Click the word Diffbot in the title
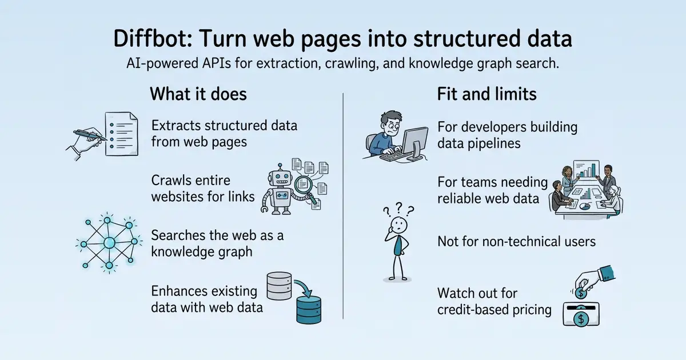(151, 39)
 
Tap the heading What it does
(198, 94)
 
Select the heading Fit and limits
(486, 94)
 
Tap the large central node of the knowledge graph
(109, 243)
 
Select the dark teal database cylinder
(309, 310)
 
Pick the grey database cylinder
(279, 286)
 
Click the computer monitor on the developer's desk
(415, 143)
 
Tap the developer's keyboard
(393, 156)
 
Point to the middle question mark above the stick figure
(398, 207)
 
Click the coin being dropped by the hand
(581, 293)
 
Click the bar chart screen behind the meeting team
(586, 169)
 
